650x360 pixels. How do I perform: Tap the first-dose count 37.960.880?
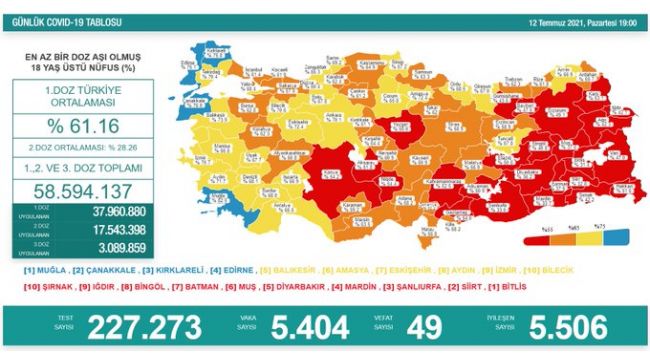click(116, 212)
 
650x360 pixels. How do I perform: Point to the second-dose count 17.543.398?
click(116, 230)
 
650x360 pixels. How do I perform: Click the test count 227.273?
click(147, 327)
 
